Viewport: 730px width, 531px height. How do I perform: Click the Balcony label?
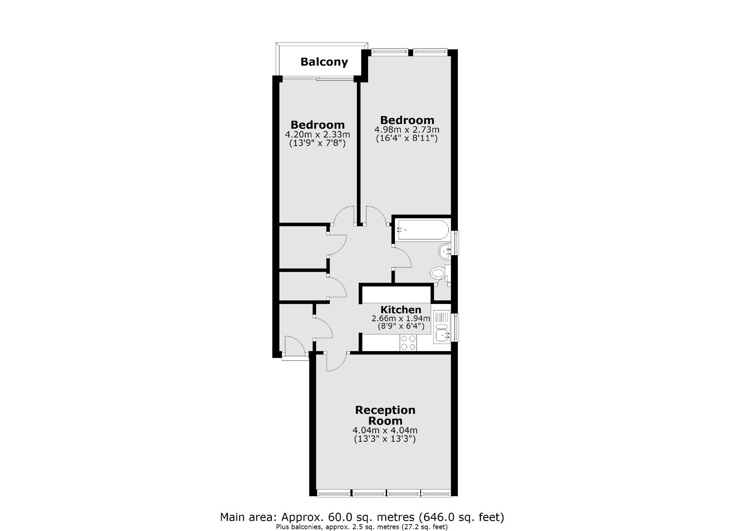[x=324, y=62]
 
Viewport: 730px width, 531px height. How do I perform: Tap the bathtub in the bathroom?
[x=422, y=230]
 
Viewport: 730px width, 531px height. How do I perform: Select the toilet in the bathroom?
[x=438, y=273]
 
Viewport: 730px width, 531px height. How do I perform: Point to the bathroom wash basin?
[x=445, y=251]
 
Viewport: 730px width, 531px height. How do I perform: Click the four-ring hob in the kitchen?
[x=408, y=342]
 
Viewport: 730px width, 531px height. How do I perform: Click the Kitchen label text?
[x=401, y=310]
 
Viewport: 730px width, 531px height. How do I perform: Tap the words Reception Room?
[x=385, y=415]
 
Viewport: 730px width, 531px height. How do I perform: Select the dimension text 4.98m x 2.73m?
[x=407, y=130]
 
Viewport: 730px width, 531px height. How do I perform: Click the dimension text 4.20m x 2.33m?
[x=317, y=135]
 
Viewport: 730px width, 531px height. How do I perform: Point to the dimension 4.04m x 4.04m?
[x=385, y=430]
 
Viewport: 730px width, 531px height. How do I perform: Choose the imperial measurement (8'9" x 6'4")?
[x=401, y=327]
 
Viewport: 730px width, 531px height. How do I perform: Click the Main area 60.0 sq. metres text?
[x=362, y=517]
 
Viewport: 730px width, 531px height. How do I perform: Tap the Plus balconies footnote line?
[x=362, y=527]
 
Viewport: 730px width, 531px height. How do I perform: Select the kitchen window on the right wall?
[x=457, y=327]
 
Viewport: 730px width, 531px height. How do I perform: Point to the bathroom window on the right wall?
[x=457, y=243]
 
